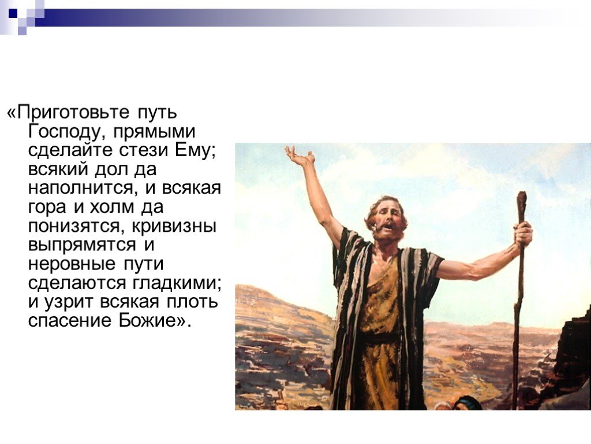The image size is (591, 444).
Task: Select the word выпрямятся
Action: tap(82, 245)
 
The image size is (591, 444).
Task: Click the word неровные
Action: tap(72, 264)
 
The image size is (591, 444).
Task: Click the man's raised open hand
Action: tap(300, 156)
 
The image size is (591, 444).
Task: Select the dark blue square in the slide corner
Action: tap(13, 14)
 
